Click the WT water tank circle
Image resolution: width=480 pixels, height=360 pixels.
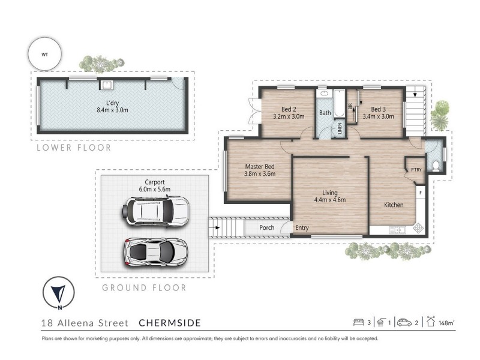point(44,55)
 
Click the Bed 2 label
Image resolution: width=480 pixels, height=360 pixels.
point(289,109)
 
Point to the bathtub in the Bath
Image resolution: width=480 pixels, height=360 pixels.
point(339,103)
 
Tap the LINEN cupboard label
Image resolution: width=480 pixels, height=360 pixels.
point(340,128)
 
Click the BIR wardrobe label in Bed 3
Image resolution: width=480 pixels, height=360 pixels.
point(350,106)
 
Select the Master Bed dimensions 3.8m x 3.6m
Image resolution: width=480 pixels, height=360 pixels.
point(260,174)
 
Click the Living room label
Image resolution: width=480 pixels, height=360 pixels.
point(330,193)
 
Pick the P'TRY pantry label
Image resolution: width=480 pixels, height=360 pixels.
point(416,170)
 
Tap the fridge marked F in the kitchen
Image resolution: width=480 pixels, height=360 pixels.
point(421,193)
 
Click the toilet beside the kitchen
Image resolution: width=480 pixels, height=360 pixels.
point(436,166)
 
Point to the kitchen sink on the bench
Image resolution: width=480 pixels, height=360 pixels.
point(397,230)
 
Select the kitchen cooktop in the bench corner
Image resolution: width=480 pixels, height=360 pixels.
point(418,229)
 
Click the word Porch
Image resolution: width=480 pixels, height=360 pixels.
point(266,227)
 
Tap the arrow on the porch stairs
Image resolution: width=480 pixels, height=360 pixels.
point(215,228)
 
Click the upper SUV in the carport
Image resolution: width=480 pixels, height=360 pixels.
point(155,212)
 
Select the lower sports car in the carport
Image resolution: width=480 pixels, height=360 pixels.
point(155,251)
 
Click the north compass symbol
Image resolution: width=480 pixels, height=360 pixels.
point(58,293)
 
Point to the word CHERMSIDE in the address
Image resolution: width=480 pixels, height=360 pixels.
point(170,323)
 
